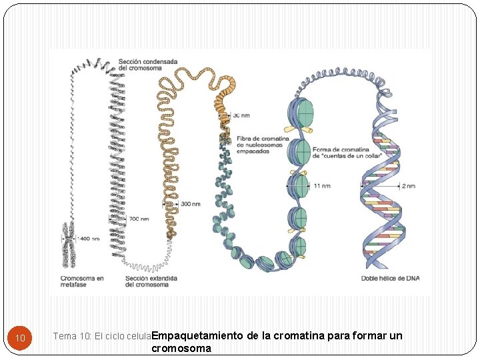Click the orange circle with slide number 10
point(21,338)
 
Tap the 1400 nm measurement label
point(89,238)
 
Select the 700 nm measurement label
point(139,219)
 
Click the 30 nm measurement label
point(241,115)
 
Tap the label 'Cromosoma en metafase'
point(82,281)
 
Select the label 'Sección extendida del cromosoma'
point(147,281)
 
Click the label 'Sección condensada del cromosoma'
point(148,65)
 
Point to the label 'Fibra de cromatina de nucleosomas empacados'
point(263,145)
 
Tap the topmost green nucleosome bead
point(300,114)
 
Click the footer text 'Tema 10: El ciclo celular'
point(101,337)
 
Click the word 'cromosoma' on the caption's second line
point(181,348)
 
